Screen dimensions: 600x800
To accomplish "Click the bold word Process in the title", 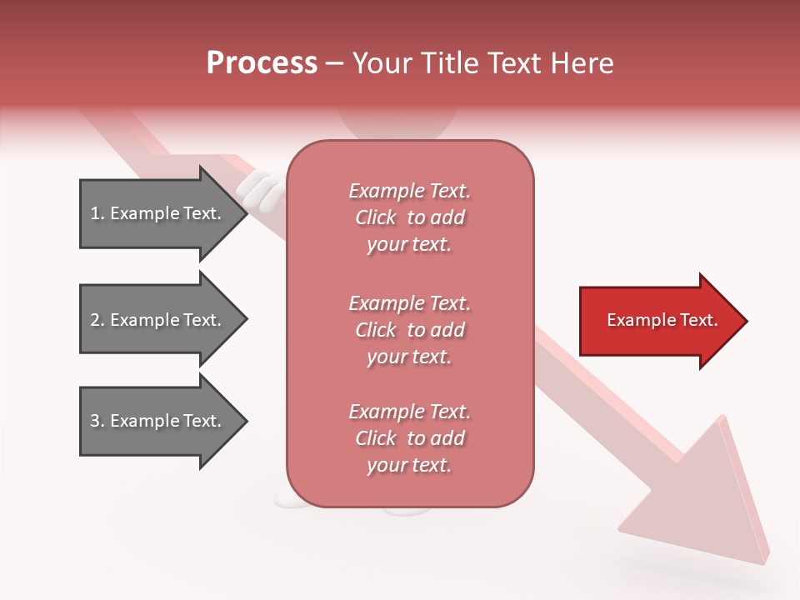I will (x=262, y=63).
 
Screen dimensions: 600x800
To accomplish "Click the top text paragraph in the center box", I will (x=409, y=217).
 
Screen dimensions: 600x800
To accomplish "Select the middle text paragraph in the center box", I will (x=409, y=330).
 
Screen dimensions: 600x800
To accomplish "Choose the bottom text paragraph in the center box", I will (x=409, y=438).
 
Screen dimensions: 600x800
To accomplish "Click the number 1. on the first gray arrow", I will (x=97, y=213).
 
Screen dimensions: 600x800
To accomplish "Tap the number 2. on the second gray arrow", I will (x=97, y=320).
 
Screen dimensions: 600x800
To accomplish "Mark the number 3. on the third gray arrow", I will (x=97, y=421).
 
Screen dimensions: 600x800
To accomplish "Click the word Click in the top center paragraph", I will (x=376, y=217).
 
